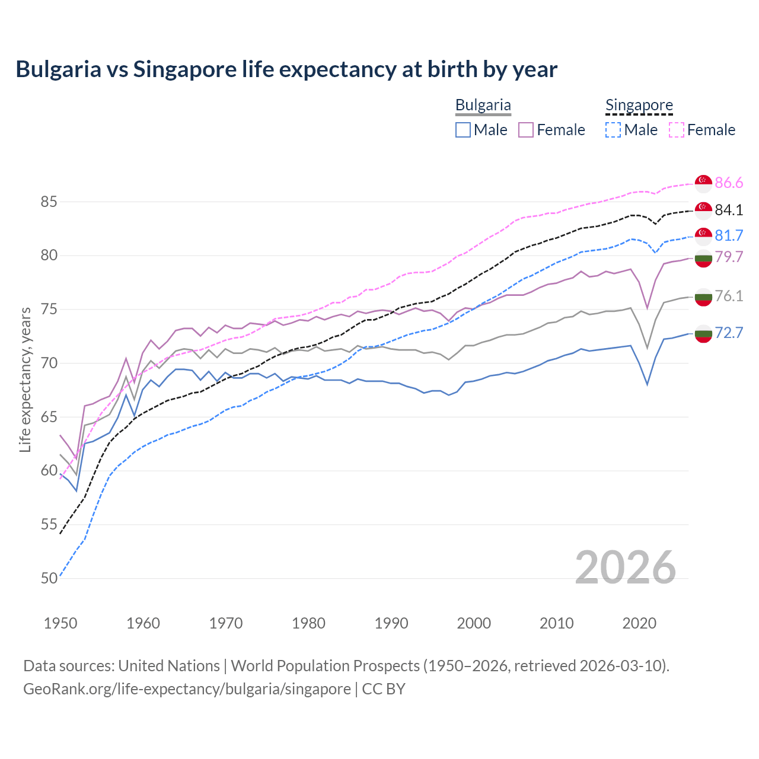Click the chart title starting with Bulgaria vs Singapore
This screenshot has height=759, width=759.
(x=286, y=69)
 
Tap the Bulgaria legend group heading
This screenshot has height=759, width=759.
(x=483, y=105)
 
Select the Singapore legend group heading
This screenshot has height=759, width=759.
(x=639, y=105)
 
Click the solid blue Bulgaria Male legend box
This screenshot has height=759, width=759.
(x=463, y=130)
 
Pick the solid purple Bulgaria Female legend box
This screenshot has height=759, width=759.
(x=526, y=130)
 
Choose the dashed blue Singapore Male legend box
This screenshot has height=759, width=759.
(x=613, y=130)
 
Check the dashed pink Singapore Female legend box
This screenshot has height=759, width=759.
(x=677, y=130)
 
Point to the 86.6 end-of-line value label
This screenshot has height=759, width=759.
(x=729, y=183)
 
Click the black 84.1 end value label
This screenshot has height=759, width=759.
(x=729, y=210)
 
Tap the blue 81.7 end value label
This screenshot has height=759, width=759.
(x=729, y=235)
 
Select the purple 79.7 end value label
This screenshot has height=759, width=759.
(x=729, y=257)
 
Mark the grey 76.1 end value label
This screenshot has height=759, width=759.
(x=729, y=296)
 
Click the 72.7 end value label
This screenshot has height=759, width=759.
(x=729, y=333)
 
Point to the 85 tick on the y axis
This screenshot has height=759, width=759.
(x=49, y=202)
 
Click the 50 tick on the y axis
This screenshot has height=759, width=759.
(x=49, y=578)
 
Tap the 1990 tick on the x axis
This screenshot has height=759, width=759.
(x=391, y=623)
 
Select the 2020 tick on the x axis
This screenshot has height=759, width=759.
(x=639, y=623)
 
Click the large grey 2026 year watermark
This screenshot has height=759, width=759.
(x=625, y=567)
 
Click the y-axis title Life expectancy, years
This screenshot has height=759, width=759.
(x=25, y=379)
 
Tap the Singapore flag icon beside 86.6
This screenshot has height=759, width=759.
(x=703, y=184)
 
